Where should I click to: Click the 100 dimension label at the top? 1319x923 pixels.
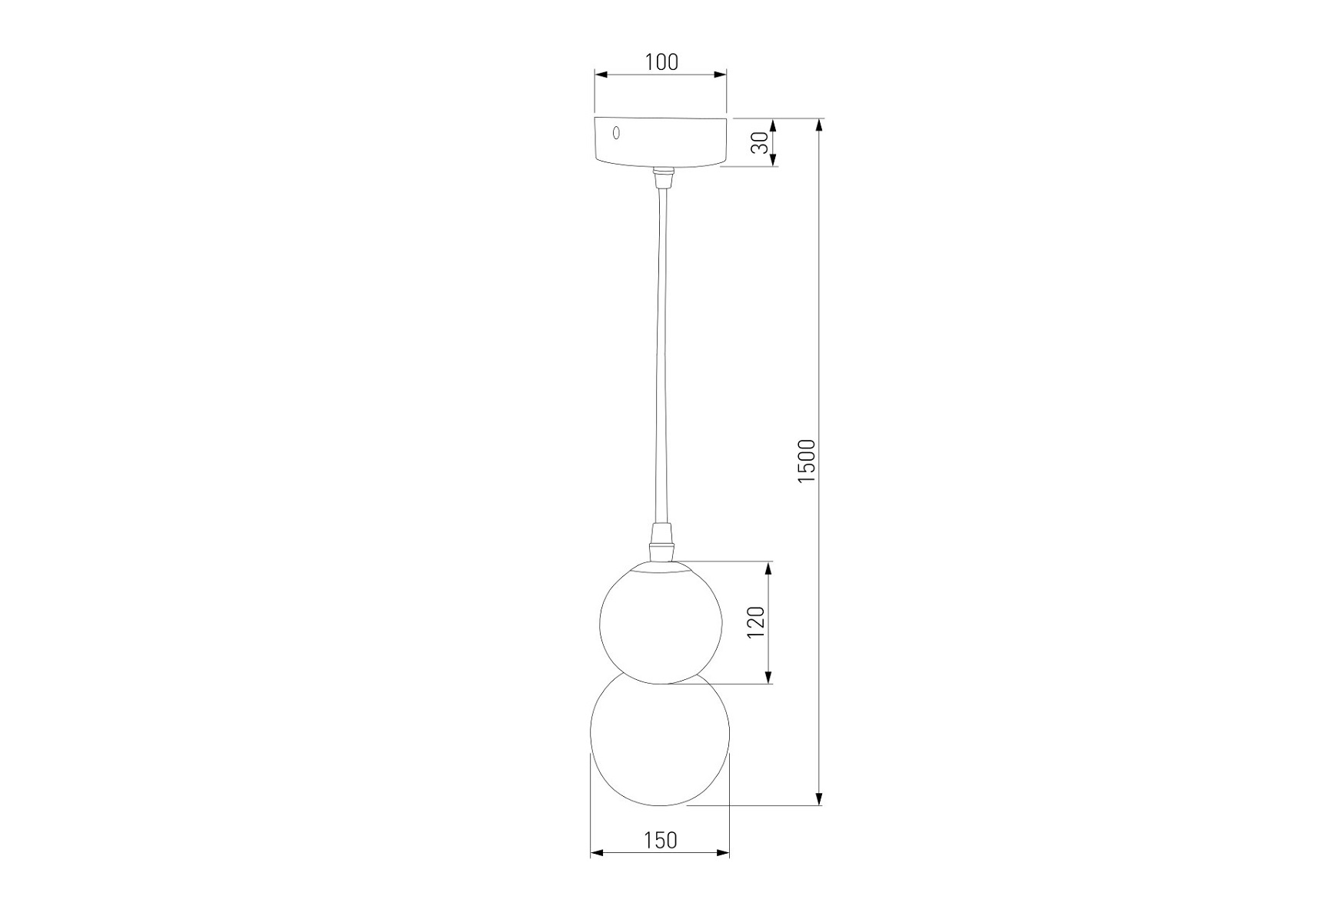point(661,62)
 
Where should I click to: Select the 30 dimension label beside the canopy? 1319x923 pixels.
point(760,142)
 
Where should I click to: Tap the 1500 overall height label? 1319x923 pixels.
point(806,461)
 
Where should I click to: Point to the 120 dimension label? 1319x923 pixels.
point(757,622)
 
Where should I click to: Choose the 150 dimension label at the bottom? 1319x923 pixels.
point(661,840)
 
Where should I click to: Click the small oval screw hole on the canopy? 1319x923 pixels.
point(615,132)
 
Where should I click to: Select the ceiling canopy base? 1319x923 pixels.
point(661,142)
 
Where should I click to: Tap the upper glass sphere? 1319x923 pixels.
point(661,622)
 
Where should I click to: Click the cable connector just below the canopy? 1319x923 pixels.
point(661,178)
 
